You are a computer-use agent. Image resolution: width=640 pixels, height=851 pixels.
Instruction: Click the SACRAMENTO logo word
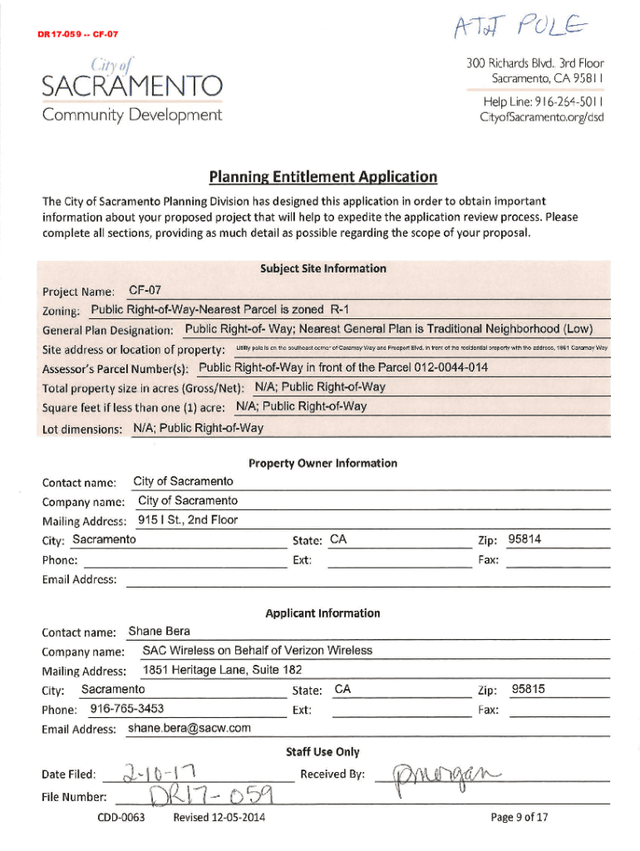click(x=132, y=86)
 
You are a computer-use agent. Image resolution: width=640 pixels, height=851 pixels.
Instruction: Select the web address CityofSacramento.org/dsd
click(x=541, y=117)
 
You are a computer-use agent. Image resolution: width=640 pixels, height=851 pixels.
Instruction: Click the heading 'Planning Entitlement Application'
click(x=322, y=176)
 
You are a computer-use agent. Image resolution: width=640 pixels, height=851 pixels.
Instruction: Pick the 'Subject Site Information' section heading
click(x=322, y=268)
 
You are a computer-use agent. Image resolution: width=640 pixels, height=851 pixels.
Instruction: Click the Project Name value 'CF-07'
click(x=145, y=290)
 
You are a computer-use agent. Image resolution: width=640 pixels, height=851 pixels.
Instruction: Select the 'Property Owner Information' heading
click(x=322, y=463)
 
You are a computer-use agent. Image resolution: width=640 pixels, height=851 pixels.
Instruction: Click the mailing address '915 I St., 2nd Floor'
click(x=188, y=520)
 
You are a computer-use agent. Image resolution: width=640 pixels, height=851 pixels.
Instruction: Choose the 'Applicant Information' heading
click(x=322, y=613)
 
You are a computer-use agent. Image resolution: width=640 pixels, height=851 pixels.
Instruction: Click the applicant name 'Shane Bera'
click(x=160, y=632)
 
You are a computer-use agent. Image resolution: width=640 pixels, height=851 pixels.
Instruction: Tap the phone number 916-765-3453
click(x=126, y=709)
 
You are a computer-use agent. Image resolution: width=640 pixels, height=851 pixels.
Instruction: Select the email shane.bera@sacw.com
click(x=190, y=728)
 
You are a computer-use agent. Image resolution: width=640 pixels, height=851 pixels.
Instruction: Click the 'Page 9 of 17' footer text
click(x=519, y=818)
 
